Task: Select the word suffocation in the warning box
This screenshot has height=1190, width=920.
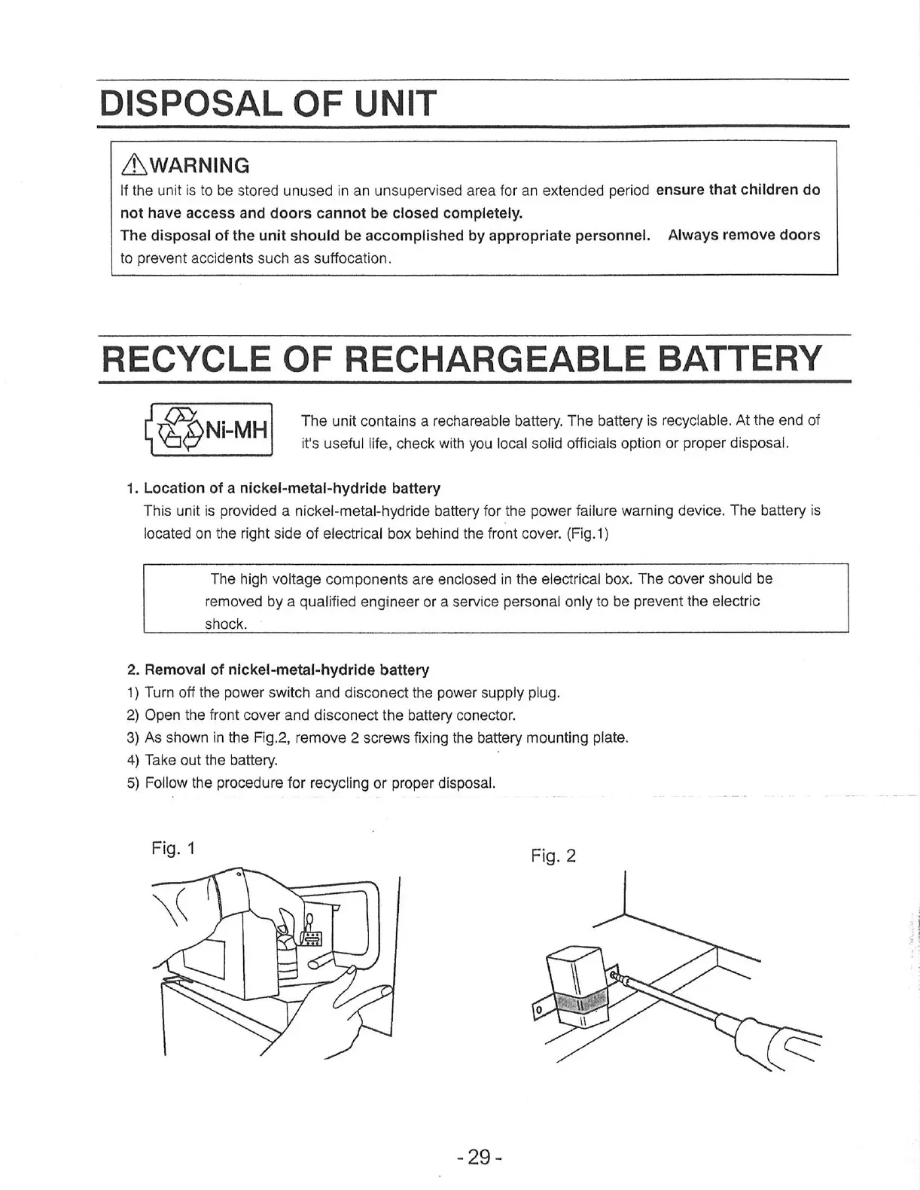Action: tap(350, 258)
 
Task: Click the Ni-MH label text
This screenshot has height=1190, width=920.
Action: tap(237, 431)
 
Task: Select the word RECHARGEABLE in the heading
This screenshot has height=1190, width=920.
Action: tap(498, 359)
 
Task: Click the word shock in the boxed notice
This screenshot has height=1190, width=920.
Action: tap(226, 624)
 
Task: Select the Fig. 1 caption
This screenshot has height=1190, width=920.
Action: tap(173, 849)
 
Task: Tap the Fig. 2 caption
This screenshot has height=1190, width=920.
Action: tap(553, 856)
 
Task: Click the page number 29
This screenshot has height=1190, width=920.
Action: tap(479, 1156)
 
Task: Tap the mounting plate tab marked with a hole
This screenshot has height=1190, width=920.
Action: tap(540, 1009)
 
